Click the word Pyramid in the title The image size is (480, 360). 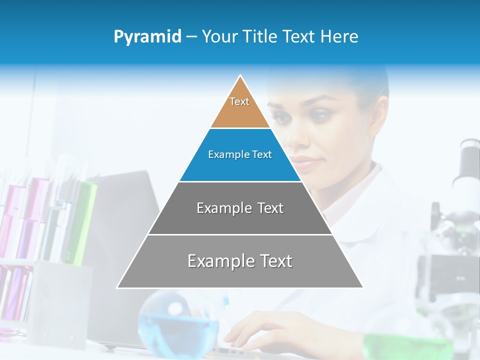(147, 37)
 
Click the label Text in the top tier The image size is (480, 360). (239, 101)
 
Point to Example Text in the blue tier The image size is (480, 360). (240, 154)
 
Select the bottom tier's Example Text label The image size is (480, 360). (240, 261)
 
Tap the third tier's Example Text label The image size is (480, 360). (240, 208)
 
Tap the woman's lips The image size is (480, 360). (305, 162)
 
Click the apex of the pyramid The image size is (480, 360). (240, 76)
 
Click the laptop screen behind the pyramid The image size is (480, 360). (125, 210)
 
